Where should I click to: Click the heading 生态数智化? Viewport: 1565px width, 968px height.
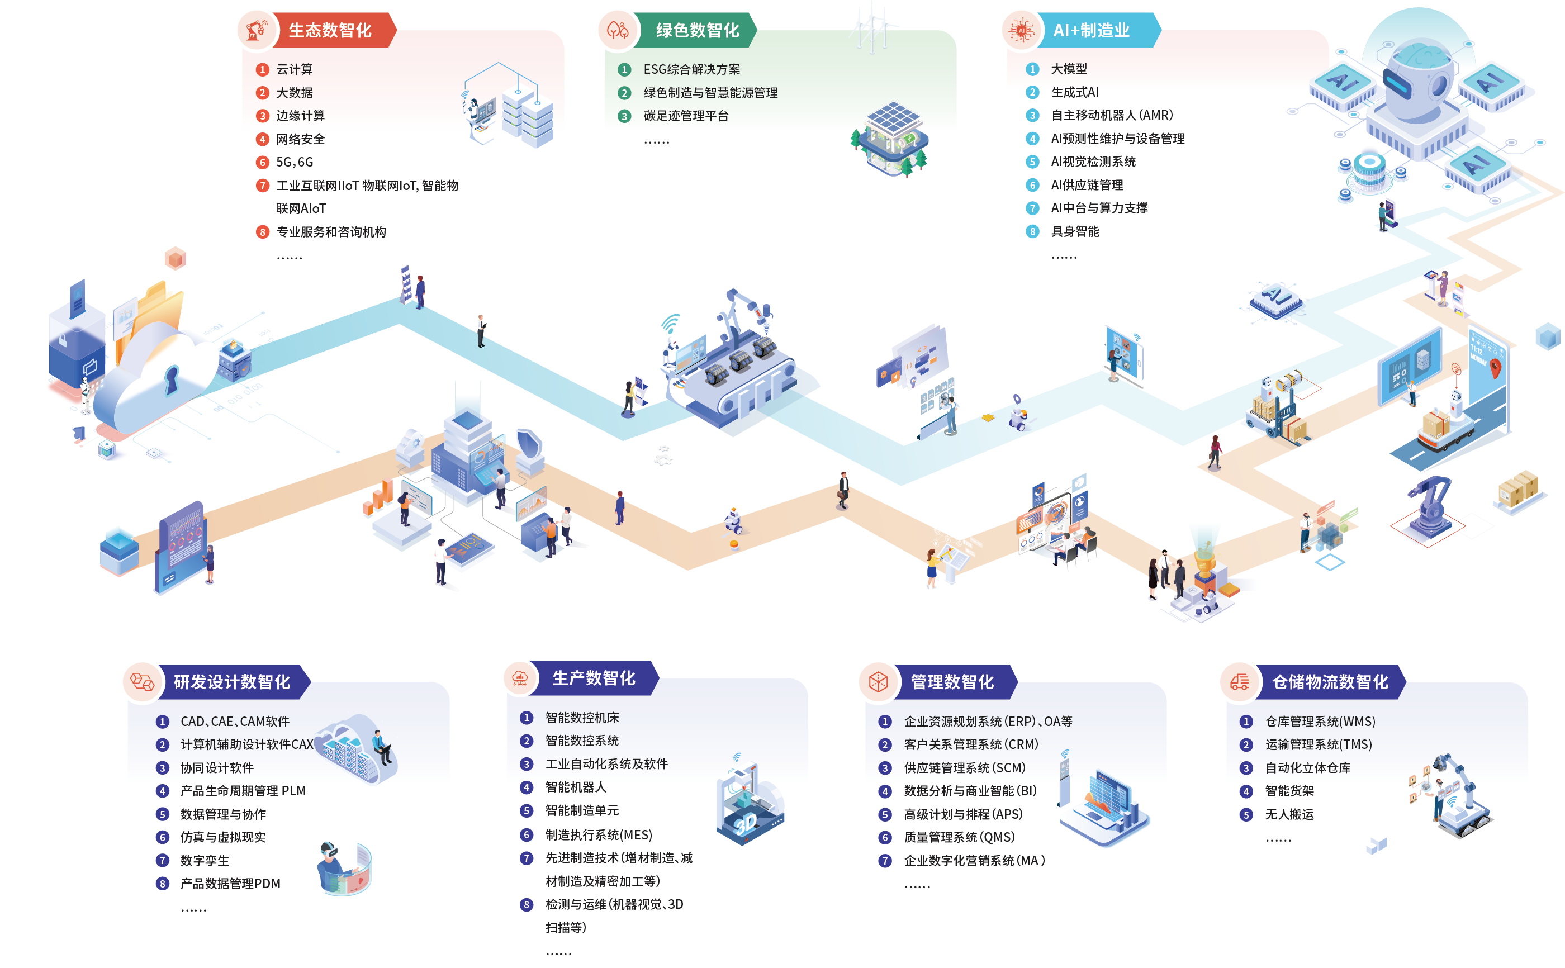pyautogui.click(x=330, y=30)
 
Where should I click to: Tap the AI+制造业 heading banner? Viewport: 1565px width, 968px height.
pyautogui.click(x=1092, y=30)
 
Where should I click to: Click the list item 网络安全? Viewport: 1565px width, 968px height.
pyautogui.click(x=300, y=139)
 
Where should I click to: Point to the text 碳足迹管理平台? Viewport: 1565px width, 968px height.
pyautogui.click(x=686, y=116)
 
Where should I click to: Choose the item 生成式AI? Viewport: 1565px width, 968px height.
pyautogui.click(x=1075, y=92)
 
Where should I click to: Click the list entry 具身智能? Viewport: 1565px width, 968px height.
pyautogui.click(x=1075, y=231)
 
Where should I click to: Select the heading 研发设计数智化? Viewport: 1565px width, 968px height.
pyautogui.click(x=232, y=682)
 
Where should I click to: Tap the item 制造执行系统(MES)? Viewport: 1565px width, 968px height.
pyautogui.click(x=599, y=835)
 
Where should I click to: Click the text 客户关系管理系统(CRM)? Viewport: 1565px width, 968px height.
pyautogui.click(x=970, y=744)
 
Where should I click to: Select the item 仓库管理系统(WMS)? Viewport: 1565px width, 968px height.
pyautogui.click(x=1320, y=722)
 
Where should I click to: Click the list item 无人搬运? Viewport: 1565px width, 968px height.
pyautogui.click(x=1289, y=814)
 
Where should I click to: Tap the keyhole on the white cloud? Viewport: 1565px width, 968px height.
pyautogui.click(x=172, y=379)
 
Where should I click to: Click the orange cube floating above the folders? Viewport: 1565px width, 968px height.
pyautogui.click(x=175, y=258)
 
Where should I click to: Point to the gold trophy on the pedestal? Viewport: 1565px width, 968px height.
pyautogui.click(x=1204, y=563)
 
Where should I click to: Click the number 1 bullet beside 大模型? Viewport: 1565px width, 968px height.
pyautogui.click(x=1032, y=69)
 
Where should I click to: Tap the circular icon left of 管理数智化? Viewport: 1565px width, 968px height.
pyautogui.click(x=878, y=682)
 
